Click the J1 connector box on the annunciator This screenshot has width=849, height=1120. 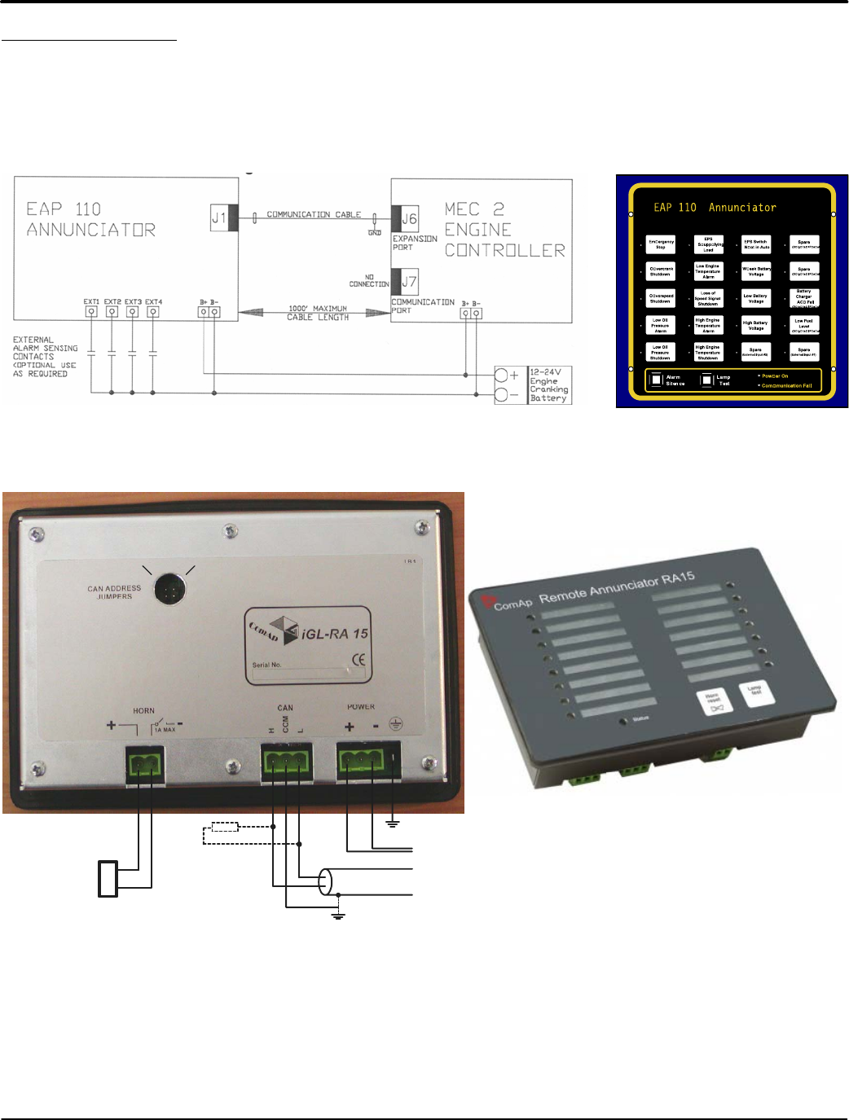pyautogui.click(x=219, y=217)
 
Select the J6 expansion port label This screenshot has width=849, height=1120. pyautogui.click(x=409, y=218)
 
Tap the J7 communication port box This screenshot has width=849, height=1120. pyautogui.click(x=409, y=282)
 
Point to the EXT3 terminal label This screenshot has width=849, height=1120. pyautogui.click(x=132, y=302)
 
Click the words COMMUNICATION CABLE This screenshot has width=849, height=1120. pyautogui.click(x=314, y=214)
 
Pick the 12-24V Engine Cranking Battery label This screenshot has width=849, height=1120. pyautogui.click(x=548, y=385)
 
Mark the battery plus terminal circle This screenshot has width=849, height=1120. pyautogui.click(x=503, y=376)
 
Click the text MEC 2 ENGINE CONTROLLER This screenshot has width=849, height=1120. pyautogui.click(x=504, y=230)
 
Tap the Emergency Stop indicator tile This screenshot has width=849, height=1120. pyautogui.click(x=661, y=244)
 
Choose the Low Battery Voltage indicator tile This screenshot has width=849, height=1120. pyautogui.click(x=756, y=298)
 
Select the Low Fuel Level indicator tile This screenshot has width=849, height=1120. pyautogui.click(x=803, y=325)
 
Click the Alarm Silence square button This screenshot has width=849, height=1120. pyautogui.click(x=657, y=380)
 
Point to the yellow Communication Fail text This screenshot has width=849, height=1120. pyautogui.click(x=786, y=385)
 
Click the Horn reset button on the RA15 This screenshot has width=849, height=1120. pyautogui.click(x=715, y=702)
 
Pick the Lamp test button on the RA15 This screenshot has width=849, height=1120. pyautogui.click(x=754, y=692)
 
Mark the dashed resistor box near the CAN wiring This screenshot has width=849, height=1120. pyautogui.click(x=225, y=827)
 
